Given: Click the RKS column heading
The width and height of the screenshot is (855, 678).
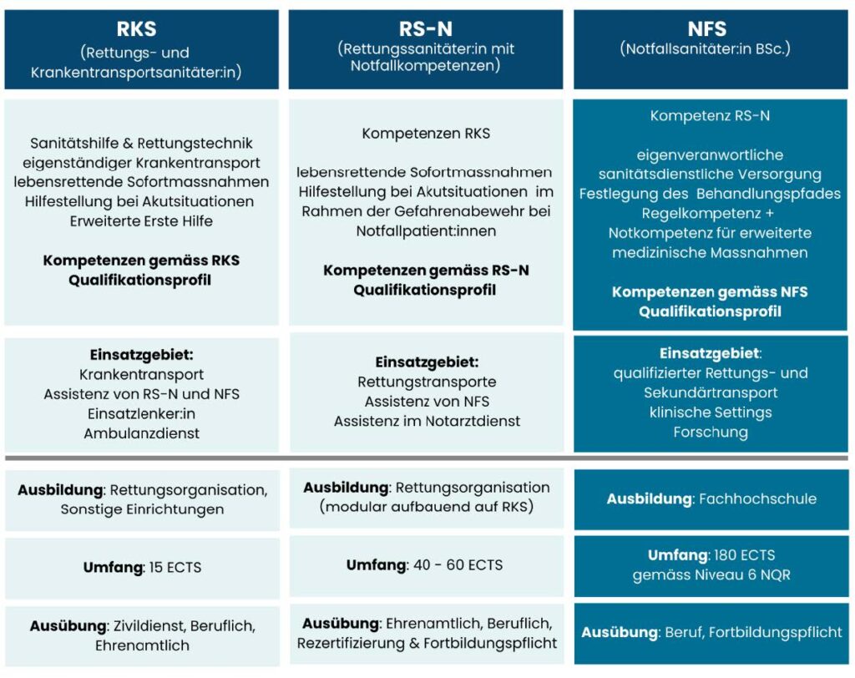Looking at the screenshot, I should [141, 29].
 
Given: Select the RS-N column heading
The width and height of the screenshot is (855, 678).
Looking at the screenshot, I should [427, 29].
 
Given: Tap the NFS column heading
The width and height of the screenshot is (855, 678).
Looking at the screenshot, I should [706, 29].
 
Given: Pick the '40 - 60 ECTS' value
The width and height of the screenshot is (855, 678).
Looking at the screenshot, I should [458, 565].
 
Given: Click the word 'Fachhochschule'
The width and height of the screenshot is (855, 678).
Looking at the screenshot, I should [756, 499].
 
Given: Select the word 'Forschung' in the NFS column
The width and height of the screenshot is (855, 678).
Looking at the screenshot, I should [711, 433].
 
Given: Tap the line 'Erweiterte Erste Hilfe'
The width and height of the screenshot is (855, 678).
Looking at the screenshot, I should [141, 221].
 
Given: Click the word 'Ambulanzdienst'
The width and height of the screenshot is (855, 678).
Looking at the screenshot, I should [141, 433].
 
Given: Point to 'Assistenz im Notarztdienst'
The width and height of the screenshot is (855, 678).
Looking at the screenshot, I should [427, 422].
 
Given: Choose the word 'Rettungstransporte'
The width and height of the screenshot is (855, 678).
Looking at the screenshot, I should [427, 382].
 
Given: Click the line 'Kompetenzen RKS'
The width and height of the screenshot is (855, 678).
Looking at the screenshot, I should [426, 134].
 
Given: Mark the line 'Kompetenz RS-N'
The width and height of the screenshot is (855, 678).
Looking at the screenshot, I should [710, 116].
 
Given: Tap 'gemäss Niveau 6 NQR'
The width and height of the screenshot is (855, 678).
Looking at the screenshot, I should [711, 575].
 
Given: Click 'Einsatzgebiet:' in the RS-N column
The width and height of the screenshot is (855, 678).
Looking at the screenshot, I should [427, 362].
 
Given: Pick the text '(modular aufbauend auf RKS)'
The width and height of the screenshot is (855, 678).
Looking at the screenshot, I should [427, 507].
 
